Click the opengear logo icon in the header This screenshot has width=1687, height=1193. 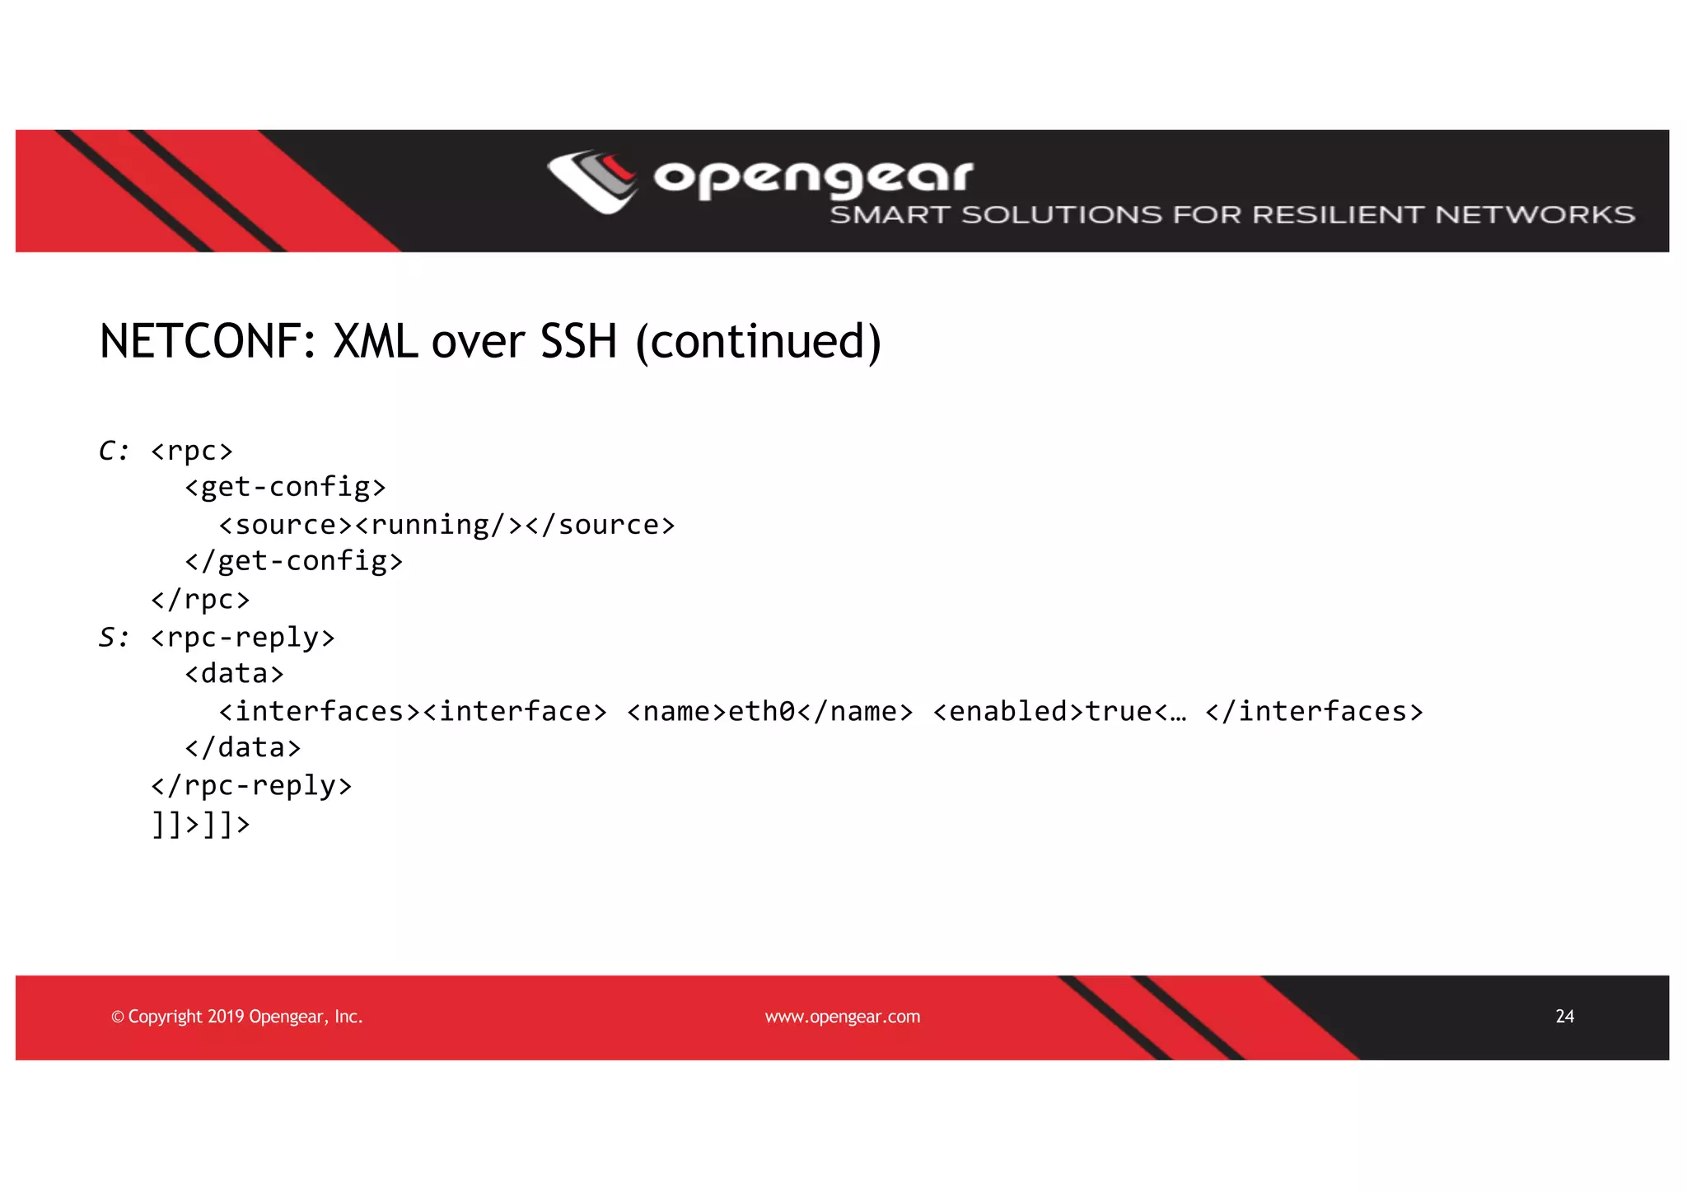click(592, 181)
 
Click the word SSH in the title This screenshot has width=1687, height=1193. click(578, 342)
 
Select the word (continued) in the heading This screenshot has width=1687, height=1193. click(759, 342)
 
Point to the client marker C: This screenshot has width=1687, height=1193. click(114, 451)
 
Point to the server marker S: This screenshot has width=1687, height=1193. click(114, 638)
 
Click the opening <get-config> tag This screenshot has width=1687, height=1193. click(285, 488)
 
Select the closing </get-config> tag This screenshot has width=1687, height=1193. click(294, 562)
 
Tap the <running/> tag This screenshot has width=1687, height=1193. click(439, 525)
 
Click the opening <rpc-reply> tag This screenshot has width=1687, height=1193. click(243, 638)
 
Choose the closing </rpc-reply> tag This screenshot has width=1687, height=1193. click(251, 786)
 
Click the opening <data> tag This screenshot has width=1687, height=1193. click(235, 675)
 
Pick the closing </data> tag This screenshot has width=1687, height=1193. click(243, 748)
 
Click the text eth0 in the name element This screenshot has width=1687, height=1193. click(762, 712)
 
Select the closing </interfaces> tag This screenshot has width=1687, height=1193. click(1314, 712)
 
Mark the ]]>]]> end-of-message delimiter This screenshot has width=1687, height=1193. click(200, 824)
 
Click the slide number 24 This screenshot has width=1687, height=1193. click(1564, 1017)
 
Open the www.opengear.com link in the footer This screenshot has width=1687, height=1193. click(843, 1017)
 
